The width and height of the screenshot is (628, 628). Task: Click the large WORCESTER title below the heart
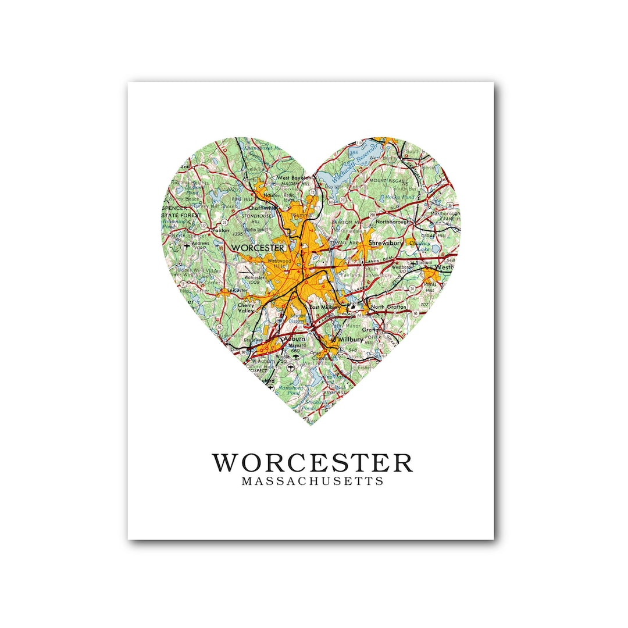tap(312, 463)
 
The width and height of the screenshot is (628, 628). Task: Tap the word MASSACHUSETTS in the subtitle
tap(312, 481)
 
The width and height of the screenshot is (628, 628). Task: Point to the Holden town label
tap(272, 195)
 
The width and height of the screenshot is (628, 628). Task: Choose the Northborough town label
tap(392, 222)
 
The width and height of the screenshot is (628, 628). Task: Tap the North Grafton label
tap(388, 306)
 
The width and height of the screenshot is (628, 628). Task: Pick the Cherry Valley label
tap(246, 308)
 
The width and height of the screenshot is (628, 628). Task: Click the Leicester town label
tap(237, 289)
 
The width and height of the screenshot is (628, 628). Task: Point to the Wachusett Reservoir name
tap(361, 161)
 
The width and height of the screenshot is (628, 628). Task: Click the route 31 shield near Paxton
tap(224, 222)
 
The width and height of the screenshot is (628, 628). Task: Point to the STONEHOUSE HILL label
tap(257, 217)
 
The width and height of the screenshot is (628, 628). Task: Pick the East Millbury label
tap(324, 307)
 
